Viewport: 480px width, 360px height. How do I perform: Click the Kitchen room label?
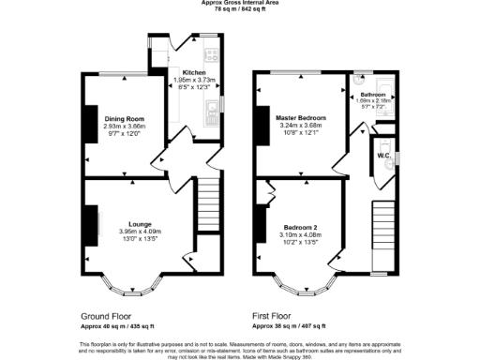194,72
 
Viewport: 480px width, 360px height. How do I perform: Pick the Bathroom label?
373,95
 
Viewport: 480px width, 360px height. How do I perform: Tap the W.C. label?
383,155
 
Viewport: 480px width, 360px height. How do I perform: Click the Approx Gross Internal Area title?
241,3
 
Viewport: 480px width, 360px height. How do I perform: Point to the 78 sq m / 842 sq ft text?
241,9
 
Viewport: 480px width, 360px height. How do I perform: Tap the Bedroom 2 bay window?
299,282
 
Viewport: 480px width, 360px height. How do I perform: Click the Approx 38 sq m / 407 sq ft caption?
290,325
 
